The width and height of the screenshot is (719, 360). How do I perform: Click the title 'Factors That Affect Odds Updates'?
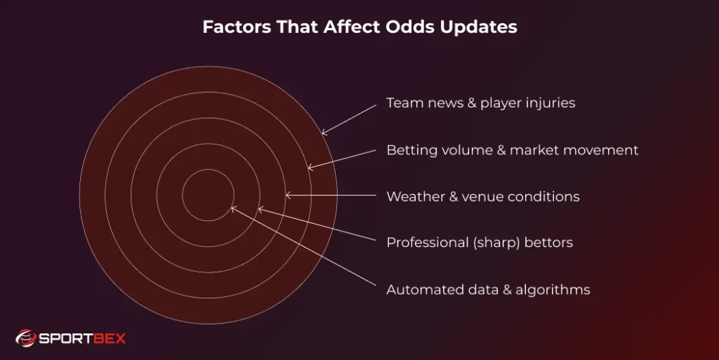[x=359, y=27]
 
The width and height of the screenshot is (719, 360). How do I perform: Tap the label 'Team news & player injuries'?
[x=480, y=103]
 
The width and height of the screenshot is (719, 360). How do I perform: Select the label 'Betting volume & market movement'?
[x=512, y=150]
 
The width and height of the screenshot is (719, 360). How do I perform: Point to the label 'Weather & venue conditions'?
[x=482, y=196]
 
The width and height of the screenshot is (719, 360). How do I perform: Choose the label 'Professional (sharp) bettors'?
[x=479, y=243]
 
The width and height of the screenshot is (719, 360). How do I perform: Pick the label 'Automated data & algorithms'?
[x=488, y=290]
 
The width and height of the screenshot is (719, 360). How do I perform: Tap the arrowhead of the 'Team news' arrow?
[x=323, y=133]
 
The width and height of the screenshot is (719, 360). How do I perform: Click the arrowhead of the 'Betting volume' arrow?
[x=310, y=168]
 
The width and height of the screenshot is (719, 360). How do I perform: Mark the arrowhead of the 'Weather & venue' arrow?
[x=286, y=195]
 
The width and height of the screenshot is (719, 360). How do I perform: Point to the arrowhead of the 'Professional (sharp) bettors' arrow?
[x=259, y=208]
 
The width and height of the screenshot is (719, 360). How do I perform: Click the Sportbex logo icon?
[x=26, y=338]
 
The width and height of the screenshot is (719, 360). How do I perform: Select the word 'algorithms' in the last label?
[x=555, y=290]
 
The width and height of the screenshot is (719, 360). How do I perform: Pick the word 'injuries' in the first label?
[x=551, y=103]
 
